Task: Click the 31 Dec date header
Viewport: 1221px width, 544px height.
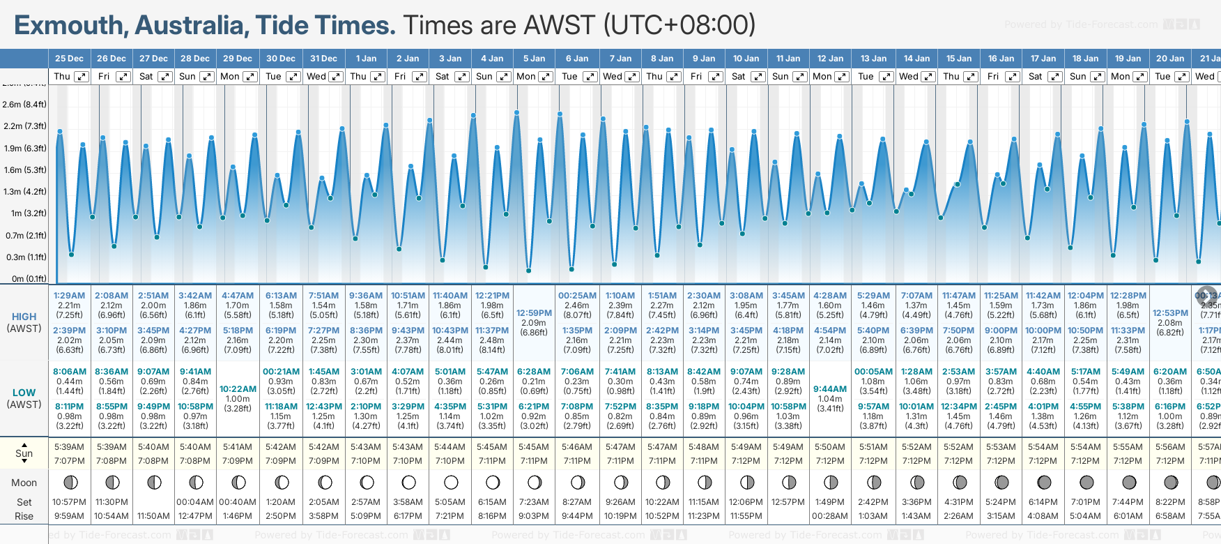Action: [x=323, y=59]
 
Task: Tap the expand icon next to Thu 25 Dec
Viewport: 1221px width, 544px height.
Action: [x=82, y=77]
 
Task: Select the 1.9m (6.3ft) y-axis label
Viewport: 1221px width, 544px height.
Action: [x=24, y=148]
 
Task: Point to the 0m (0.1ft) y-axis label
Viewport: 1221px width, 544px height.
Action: [x=29, y=278]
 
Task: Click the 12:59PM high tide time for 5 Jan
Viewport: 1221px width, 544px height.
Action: [x=534, y=313]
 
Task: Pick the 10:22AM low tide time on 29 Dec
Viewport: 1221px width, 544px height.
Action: [x=238, y=389]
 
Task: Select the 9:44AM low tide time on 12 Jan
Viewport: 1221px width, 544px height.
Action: [x=830, y=389]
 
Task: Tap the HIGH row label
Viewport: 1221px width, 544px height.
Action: [x=24, y=317]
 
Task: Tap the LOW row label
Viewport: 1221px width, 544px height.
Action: [x=24, y=393]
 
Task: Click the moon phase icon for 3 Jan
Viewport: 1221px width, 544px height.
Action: [x=451, y=482]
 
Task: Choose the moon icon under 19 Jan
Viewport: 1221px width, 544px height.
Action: [x=1128, y=482]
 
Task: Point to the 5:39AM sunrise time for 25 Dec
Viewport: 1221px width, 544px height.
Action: [x=69, y=447]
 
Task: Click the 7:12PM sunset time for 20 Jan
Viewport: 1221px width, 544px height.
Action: [x=1170, y=461]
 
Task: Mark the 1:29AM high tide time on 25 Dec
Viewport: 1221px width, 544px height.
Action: [x=69, y=296]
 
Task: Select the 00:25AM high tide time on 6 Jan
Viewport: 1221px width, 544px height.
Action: [x=577, y=296]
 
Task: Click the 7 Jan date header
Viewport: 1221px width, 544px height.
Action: [x=620, y=59]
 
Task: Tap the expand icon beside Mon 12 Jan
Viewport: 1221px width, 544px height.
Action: [x=842, y=77]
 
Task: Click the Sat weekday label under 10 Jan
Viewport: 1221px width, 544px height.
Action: [x=738, y=77]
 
